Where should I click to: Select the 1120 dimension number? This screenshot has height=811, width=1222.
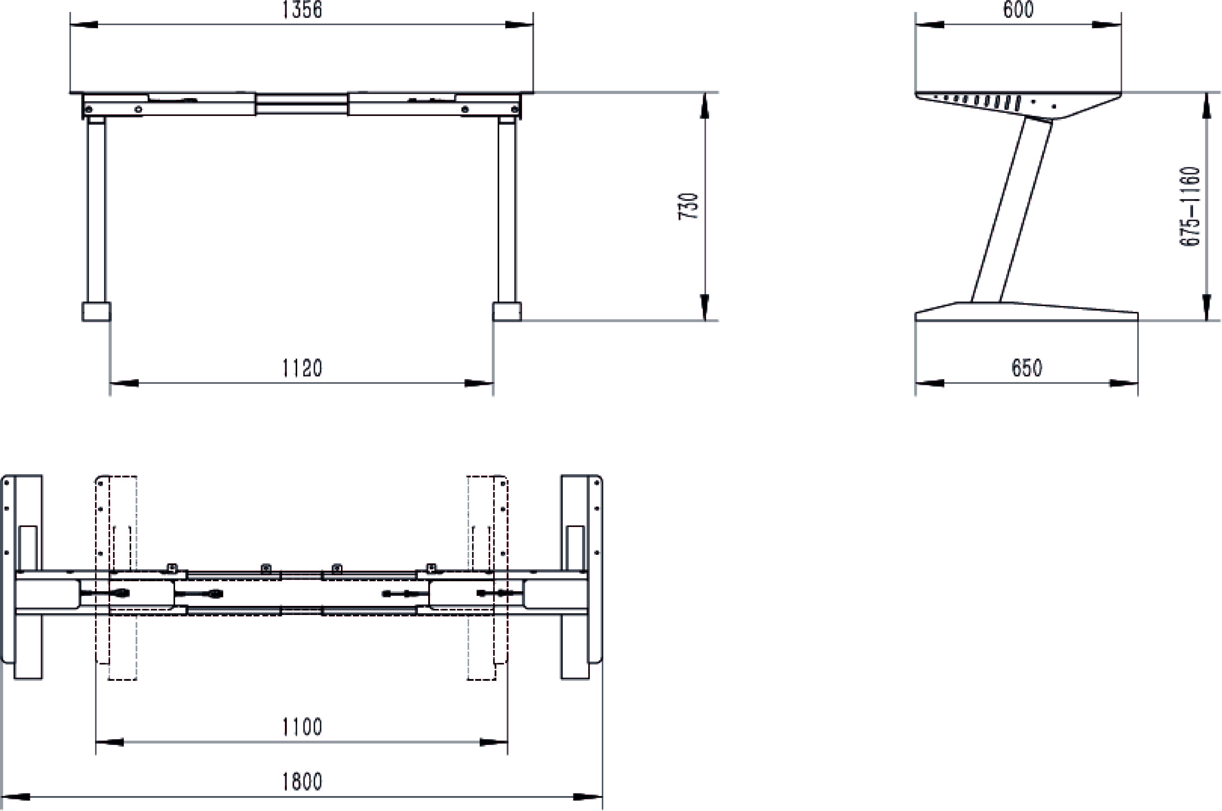tap(302, 368)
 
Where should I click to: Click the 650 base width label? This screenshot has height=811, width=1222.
tap(1026, 368)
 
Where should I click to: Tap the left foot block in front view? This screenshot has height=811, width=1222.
tap(96, 312)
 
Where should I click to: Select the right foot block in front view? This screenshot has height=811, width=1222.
tap(507, 312)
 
